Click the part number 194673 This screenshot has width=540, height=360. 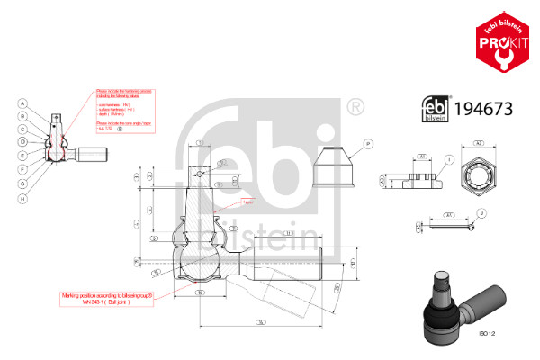coord(486,111)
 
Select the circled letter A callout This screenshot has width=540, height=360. coord(20,103)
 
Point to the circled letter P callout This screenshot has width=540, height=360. coord(369,143)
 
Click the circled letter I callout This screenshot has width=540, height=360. coord(448,159)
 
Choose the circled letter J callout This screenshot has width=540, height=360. coord(481,213)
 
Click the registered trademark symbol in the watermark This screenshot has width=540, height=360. coord(355,108)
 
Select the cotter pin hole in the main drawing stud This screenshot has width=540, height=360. coord(199,172)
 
